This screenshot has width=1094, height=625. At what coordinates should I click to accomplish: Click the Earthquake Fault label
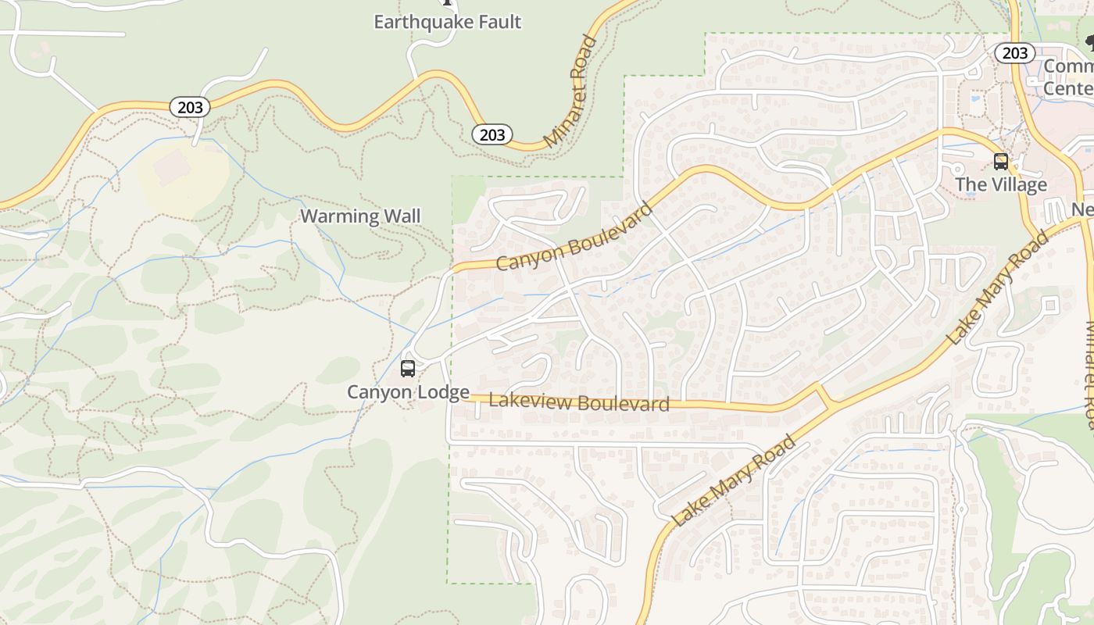click(x=447, y=22)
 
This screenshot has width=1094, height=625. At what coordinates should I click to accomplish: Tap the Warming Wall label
click(x=360, y=216)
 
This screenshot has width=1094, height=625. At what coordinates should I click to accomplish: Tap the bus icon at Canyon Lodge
click(x=408, y=369)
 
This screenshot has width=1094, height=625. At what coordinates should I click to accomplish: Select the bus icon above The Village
click(x=1000, y=162)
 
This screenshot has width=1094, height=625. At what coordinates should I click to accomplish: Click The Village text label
click(x=1000, y=185)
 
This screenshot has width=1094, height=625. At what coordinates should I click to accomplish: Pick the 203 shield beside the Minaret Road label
click(x=492, y=134)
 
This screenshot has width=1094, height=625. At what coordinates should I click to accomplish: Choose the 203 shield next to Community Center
click(x=1014, y=52)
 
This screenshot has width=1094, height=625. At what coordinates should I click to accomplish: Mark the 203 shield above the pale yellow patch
click(x=190, y=107)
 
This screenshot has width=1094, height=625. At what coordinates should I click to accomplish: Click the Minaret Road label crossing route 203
click(x=571, y=92)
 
